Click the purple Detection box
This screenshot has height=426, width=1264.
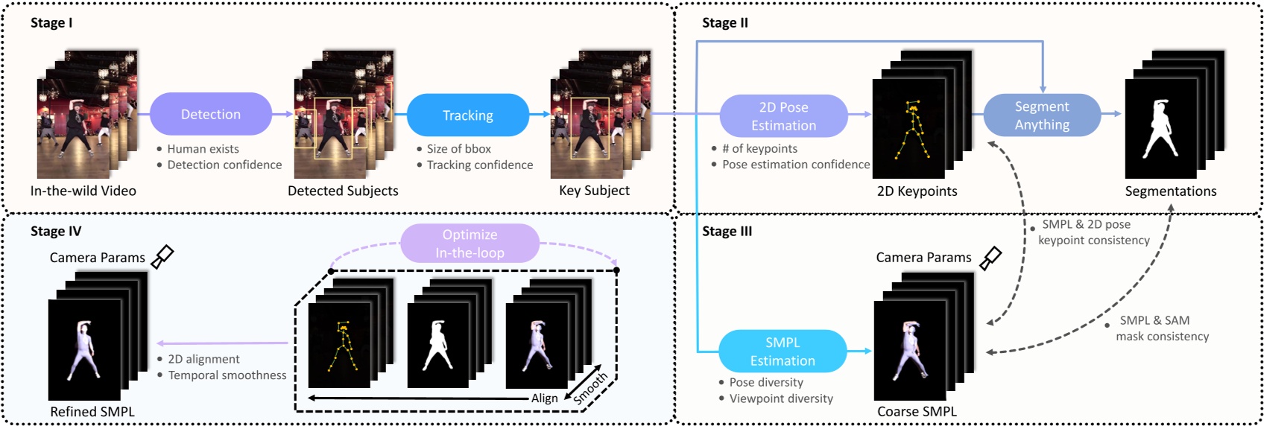pos(211,114)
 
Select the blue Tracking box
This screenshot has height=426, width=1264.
pos(468,115)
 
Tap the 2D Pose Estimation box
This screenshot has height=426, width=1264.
pos(783,116)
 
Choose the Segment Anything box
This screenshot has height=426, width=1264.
pos(1042,115)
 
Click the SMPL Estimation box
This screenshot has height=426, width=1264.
pos(783,352)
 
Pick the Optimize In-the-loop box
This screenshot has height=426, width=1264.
pos(470,244)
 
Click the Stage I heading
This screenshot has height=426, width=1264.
pos(51,23)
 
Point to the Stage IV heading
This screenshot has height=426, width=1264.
pos(56,232)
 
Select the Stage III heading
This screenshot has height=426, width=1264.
pos(727,232)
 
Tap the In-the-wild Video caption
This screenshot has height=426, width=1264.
pos(83,191)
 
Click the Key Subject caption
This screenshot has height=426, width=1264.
pos(594,191)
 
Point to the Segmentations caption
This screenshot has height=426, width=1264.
pos(1170,191)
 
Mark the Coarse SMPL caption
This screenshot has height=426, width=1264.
pos(917,412)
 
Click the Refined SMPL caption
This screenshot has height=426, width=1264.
pos(92,412)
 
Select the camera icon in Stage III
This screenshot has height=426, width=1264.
pos(990,258)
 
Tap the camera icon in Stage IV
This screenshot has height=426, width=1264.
pos(162,257)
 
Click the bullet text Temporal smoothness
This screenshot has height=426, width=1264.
pos(227,375)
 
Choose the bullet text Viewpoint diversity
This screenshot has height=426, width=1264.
pos(780,398)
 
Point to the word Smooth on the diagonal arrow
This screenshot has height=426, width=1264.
pos(590,388)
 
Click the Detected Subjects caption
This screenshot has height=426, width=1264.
pos(343,191)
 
